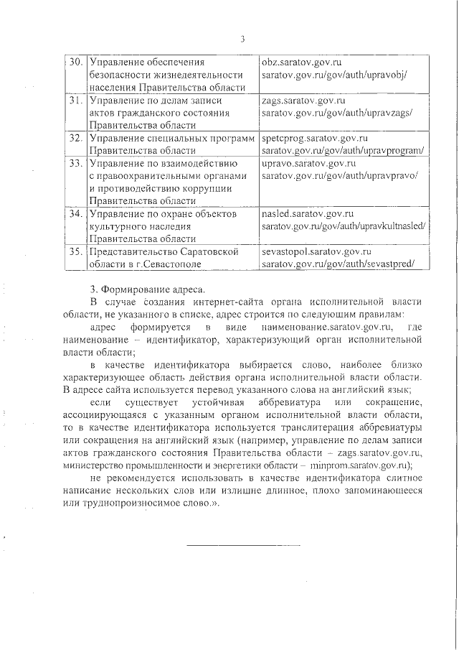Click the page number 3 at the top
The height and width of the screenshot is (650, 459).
pyautogui.click(x=243, y=38)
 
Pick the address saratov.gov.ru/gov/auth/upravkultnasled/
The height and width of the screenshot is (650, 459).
pyautogui.click(x=344, y=226)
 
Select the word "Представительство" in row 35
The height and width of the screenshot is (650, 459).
pyautogui.click(x=131, y=252)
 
